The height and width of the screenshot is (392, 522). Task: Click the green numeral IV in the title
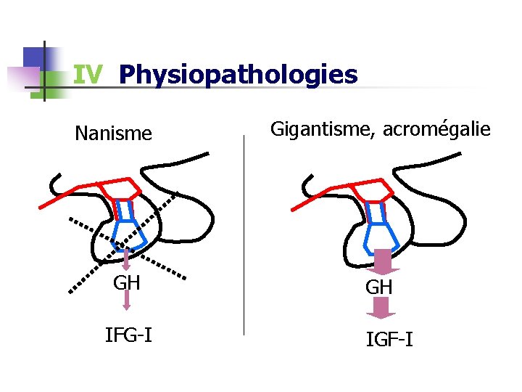coord(88,75)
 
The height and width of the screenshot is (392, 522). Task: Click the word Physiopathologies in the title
coord(238,75)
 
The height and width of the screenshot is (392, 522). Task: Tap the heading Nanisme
coord(114,134)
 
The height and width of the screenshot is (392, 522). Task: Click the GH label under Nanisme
coord(127,282)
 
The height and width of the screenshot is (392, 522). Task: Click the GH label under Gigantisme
coord(379,287)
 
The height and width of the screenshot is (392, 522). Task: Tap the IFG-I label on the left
coord(128,335)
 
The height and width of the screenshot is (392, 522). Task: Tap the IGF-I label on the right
coord(390,338)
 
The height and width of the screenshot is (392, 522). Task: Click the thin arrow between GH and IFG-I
coord(127,301)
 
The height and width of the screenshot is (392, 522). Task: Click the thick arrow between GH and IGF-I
coord(381,309)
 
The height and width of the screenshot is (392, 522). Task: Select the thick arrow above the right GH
coord(381,262)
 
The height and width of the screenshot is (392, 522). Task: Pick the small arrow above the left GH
coord(125,258)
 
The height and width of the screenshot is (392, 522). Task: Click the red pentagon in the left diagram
coord(119,189)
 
